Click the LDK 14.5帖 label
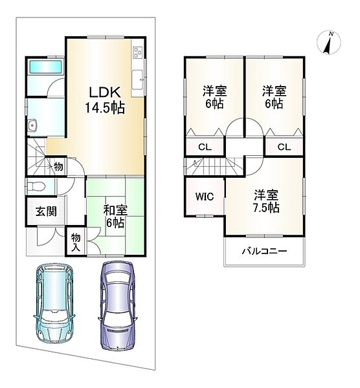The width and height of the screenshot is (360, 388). coord(105,100)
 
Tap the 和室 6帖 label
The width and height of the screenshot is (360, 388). coord(115,217)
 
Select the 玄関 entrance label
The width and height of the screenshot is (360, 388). coord(46,211)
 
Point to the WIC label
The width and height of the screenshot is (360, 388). coord(205,197)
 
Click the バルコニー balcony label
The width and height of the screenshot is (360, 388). coord(264,251)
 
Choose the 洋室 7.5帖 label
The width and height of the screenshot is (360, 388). coord(266,202)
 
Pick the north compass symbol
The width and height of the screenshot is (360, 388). coord(329,43)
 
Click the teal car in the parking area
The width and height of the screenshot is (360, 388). coord(54,303)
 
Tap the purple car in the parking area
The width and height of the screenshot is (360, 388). coord(118,305)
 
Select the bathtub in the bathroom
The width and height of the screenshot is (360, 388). coord(45,67)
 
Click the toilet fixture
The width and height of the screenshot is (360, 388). coord(36,186)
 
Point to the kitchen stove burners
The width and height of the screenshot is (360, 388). coord(137,52)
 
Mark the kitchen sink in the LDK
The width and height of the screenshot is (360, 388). coord(137,80)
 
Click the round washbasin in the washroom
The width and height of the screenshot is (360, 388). coord(32,125)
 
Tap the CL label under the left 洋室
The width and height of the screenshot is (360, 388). coord(205,147)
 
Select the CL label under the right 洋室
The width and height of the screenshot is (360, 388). coord(284,147)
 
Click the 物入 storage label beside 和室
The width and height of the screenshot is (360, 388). coord(76,242)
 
